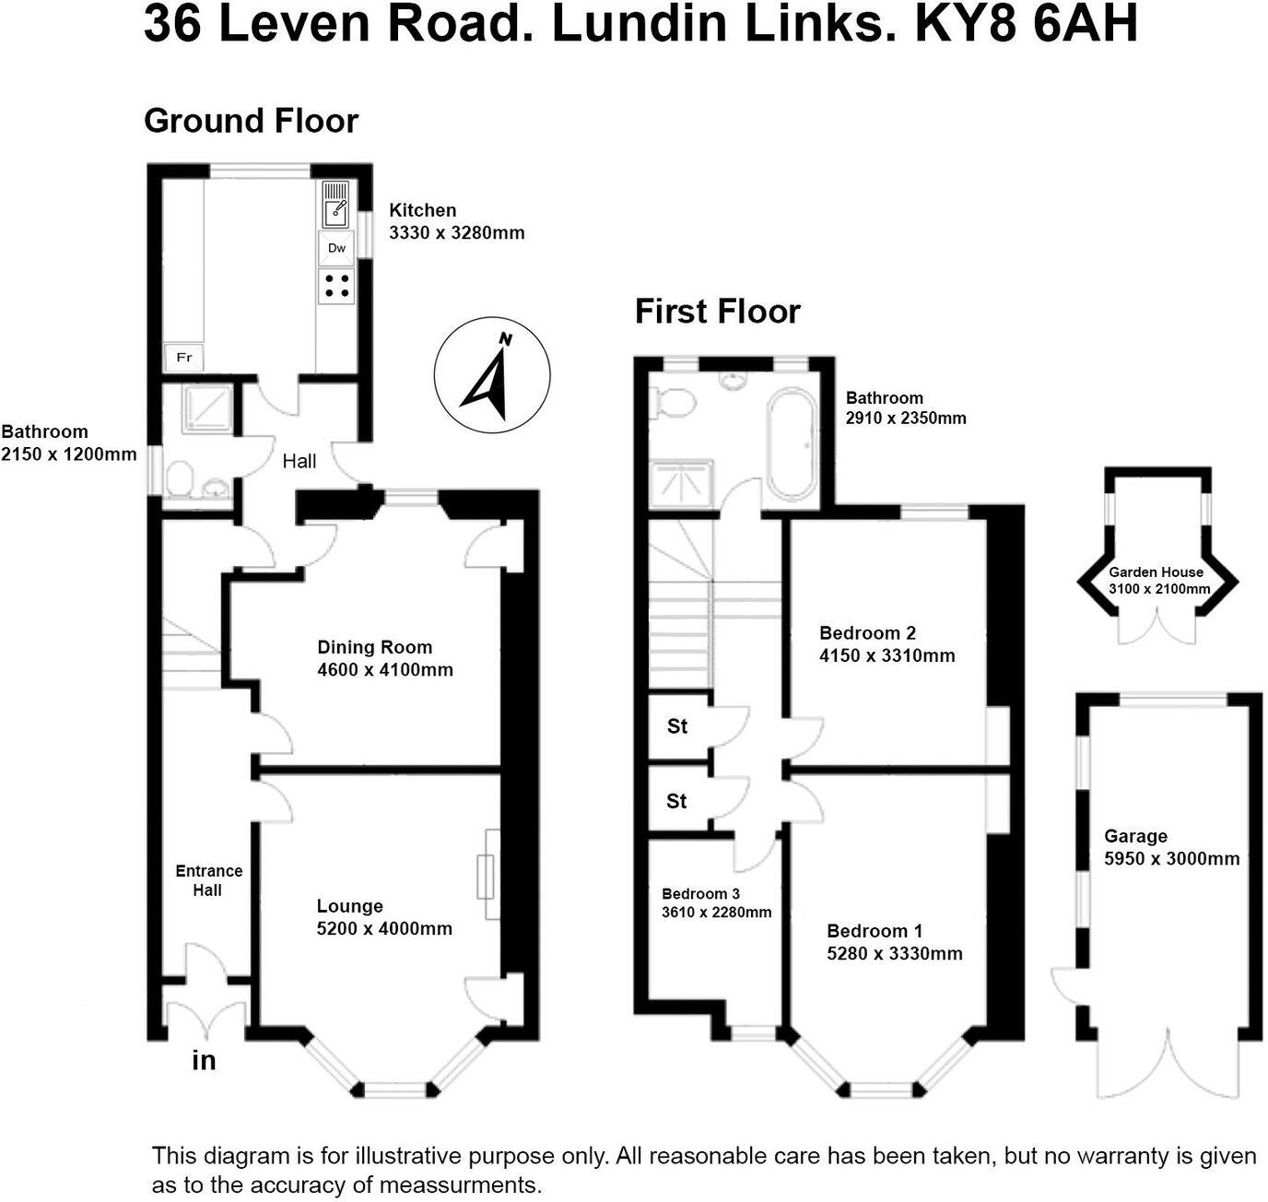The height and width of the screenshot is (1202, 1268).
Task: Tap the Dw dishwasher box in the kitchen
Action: point(336,248)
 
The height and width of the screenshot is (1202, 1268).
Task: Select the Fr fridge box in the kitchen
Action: point(183,357)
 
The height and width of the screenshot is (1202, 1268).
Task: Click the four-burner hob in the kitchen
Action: point(336,285)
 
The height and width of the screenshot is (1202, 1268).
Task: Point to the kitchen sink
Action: point(335,204)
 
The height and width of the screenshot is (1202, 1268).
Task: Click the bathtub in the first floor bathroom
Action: point(790,444)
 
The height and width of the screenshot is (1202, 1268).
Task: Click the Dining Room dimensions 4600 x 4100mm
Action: point(385,670)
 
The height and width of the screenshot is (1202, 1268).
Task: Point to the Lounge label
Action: point(349,906)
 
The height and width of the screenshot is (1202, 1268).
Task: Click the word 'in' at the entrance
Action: point(204,1061)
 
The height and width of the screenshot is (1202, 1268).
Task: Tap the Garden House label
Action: point(1156,572)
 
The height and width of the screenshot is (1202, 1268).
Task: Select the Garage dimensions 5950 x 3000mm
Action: point(1171,859)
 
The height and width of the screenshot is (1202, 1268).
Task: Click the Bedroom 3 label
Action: point(700,893)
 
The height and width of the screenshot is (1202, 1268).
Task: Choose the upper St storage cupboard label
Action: point(677,726)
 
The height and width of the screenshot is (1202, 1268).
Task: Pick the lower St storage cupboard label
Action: point(676,801)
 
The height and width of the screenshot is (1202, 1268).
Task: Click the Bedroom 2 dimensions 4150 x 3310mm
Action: point(886,655)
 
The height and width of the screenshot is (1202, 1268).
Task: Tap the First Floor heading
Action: point(717,312)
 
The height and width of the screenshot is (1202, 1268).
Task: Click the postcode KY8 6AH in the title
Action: point(1026,25)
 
